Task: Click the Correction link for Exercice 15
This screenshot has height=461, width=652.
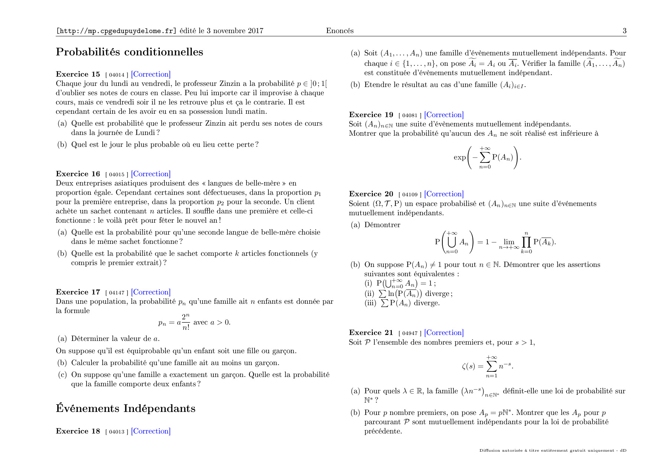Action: point(151,74)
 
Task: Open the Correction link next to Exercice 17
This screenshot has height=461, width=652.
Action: point(151,292)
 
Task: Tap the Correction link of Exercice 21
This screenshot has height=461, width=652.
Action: point(444,333)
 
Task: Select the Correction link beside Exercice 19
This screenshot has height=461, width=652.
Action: point(444,115)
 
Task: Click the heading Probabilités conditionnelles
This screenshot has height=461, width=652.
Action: point(129,52)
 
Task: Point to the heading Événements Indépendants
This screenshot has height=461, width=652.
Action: point(125,409)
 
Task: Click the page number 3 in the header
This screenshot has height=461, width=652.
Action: point(624,31)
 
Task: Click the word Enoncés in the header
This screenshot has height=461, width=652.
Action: point(340,31)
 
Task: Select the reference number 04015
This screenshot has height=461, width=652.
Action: point(117,174)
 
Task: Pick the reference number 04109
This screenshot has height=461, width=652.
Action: point(410,194)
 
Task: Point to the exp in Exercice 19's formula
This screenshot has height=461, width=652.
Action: point(459,157)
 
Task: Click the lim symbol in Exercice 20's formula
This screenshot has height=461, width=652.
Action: point(509,242)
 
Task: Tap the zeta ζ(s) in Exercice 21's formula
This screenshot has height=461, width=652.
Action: point(468,366)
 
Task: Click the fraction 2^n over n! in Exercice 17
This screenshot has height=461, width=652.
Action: point(185,322)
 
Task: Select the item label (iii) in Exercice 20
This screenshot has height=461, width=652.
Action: point(370,303)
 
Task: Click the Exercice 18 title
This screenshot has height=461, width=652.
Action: point(78,431)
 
